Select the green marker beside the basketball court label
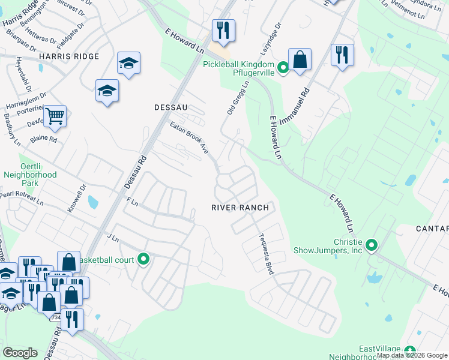(143, 259)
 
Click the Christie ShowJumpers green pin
(372, 245)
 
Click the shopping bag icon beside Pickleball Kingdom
(300, 59)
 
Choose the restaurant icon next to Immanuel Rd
(342, 55)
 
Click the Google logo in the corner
(20, 353)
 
